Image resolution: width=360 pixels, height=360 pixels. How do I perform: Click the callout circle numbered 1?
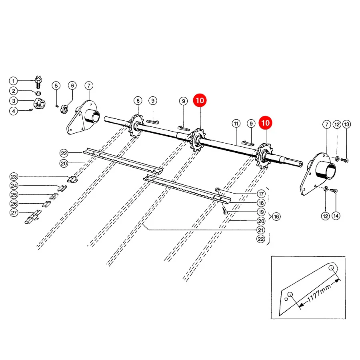point(13,81)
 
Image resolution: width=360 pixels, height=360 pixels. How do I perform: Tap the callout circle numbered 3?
point(14,101)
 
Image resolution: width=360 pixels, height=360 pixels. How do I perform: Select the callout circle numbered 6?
point(72,86)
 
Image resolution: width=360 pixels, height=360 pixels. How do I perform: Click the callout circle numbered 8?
point(138,100)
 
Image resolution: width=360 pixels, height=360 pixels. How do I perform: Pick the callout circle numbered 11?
point(236,124)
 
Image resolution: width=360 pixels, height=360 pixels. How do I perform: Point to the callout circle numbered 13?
point(347,124)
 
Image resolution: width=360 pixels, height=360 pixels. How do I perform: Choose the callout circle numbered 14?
point(336,216)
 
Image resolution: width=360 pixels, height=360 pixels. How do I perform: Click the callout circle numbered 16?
point(276,216)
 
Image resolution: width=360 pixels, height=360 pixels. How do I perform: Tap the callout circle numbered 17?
point(261,194)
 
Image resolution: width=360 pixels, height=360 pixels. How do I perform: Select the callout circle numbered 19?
point(261,212)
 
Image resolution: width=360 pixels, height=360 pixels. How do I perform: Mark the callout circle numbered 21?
point(261,230)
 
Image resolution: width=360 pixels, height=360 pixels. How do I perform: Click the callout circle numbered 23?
point(14,176)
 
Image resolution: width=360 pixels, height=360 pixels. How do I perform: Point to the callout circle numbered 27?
point(14,213)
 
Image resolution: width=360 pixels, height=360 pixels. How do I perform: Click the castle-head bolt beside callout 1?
point(38,82)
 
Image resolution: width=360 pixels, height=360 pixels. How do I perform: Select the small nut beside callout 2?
point(38,93)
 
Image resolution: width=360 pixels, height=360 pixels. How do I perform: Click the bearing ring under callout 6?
point(64,109)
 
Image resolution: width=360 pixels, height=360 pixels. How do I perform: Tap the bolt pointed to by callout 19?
point(225,210)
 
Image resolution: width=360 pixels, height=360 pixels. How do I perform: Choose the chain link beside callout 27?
point(33,216)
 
